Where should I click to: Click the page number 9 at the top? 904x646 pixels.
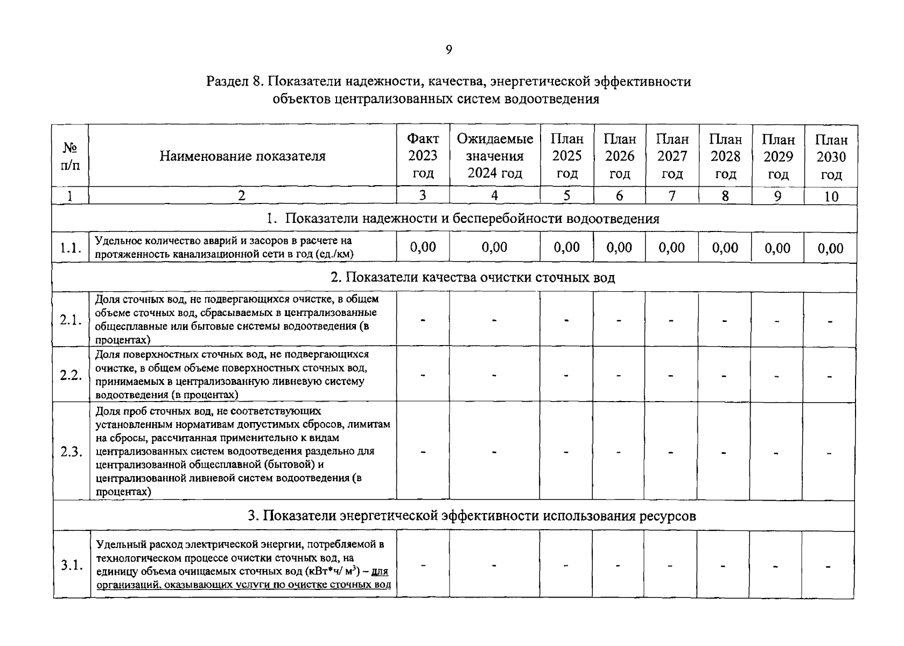(x=449, y=50)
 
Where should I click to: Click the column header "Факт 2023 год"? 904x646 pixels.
(x=423, y=156)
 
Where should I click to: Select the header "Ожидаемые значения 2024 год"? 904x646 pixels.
(x=494, y=156)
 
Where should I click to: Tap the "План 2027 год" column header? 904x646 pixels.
(x=672, y=156)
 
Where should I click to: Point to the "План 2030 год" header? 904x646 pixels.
(x=831, y=157)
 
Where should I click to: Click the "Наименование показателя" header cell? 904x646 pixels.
(x=242, y=156)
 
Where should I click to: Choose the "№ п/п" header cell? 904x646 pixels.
(x=69, y=156)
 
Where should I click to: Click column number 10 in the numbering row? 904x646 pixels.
(x=831, y=196)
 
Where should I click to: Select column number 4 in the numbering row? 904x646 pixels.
(x=494, y=196)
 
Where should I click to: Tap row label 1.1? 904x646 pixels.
(x=71, y=248)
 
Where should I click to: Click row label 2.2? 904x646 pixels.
(x=71, y=375)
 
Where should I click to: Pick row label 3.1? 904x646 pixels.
(x=71, y=565)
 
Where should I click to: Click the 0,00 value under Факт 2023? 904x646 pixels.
(x=423, y=247)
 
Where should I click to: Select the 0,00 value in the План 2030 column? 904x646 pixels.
(x=830, y=248)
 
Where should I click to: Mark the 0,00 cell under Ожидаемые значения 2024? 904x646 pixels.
(x=494, y=247)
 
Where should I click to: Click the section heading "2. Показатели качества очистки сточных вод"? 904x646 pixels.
(x=472, y=277)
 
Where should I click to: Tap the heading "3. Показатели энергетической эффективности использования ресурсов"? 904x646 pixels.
(x=472, y=516)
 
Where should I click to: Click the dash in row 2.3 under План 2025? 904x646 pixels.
(x=566, y=452)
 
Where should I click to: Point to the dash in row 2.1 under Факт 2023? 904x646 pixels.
(x=423, y=320)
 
